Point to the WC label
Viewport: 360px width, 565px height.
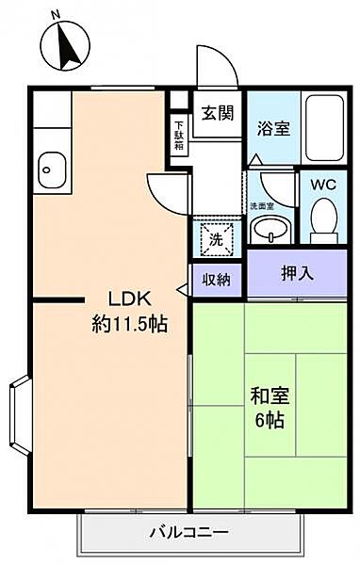point(324,185)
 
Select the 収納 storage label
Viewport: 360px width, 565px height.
point(216,280)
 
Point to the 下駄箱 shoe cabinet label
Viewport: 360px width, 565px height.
point(179,128)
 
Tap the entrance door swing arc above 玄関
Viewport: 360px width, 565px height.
point(214,64)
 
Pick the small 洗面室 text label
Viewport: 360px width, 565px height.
point(260,204)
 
